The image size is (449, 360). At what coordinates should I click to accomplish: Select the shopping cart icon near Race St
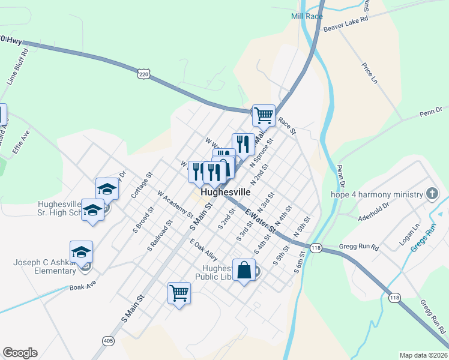click(x=264, y=115)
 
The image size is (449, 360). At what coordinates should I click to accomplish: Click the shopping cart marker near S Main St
click(x=179, y=293)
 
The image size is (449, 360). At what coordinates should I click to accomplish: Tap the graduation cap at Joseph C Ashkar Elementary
click(x=82, y=251)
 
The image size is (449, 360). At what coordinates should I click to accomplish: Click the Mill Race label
click(x=307, y=16)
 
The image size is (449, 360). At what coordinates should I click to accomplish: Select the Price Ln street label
click(x=370, y=73)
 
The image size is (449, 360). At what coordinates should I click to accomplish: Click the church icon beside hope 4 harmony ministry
click(x=431, y=194)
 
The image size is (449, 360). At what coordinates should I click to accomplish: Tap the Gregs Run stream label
click(x=422, y=239)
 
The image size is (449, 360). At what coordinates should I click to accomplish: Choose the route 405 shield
click(x=108, y=341)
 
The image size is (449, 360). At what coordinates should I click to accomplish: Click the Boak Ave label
click(x=82, y=287)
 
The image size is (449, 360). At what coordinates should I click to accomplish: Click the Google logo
click(x=20, y=353)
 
